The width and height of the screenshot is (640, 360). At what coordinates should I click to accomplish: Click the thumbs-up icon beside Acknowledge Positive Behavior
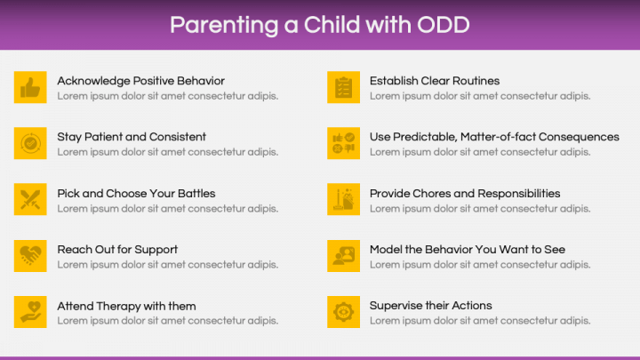30,87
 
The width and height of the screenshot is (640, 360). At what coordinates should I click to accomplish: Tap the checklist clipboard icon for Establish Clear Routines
343,87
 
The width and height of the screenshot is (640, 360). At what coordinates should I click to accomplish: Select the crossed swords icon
30,199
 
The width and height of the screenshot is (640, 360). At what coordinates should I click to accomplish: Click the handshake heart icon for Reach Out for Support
30,256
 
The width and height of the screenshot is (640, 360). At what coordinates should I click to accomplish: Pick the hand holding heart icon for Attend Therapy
30,312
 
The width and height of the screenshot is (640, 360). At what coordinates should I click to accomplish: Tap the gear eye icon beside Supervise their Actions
343,312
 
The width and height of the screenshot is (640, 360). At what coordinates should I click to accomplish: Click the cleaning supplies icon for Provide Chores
343,199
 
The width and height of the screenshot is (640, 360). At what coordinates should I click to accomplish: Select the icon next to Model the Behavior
343,256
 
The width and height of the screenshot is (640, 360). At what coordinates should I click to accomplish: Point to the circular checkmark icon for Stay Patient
30,143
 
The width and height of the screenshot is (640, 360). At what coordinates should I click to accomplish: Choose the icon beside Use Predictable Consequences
343,143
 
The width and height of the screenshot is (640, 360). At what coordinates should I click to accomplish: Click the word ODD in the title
444,25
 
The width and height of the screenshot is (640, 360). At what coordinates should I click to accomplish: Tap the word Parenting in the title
224,25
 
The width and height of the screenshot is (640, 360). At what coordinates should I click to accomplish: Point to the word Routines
476,81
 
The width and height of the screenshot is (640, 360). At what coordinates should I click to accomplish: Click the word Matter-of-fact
498,137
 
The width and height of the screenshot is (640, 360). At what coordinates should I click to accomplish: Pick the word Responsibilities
519,194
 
